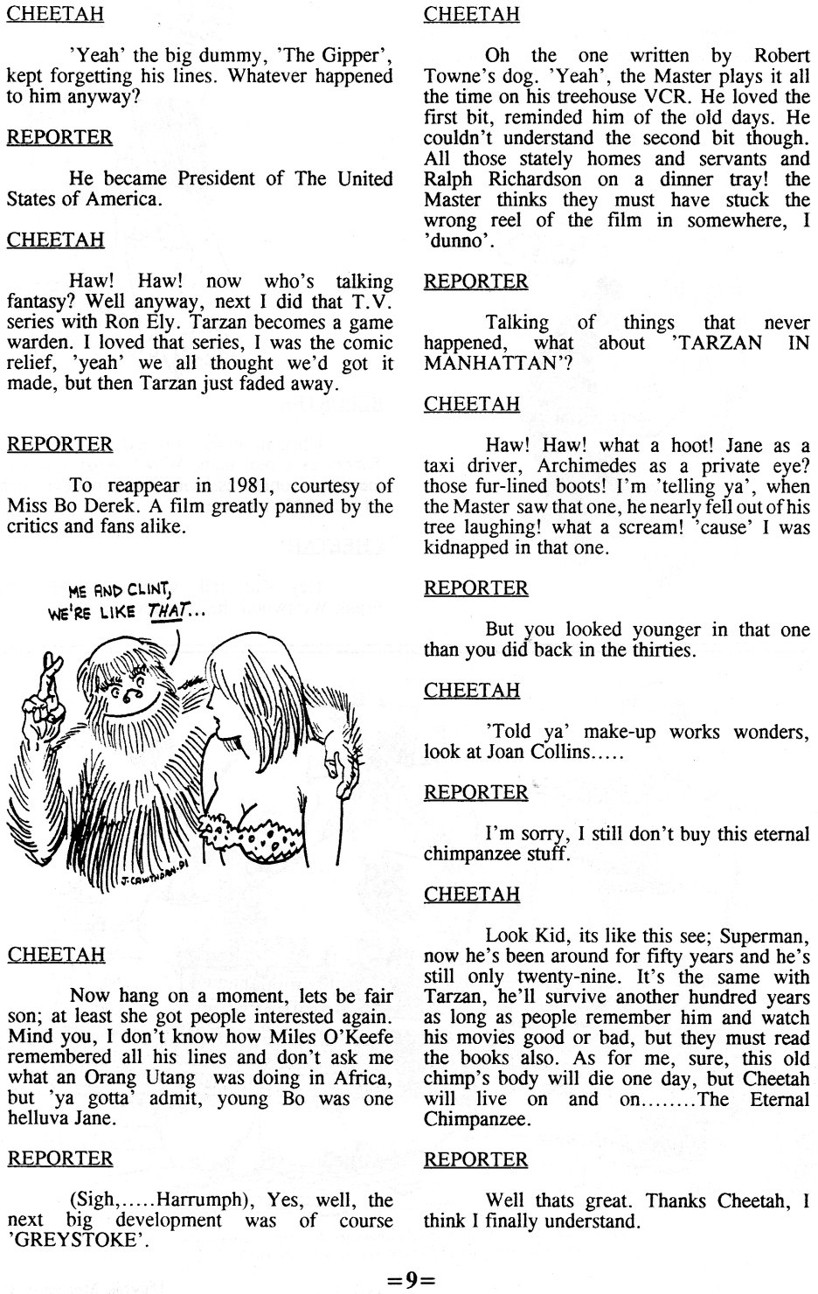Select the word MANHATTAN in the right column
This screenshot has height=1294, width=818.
click(494, 363)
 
